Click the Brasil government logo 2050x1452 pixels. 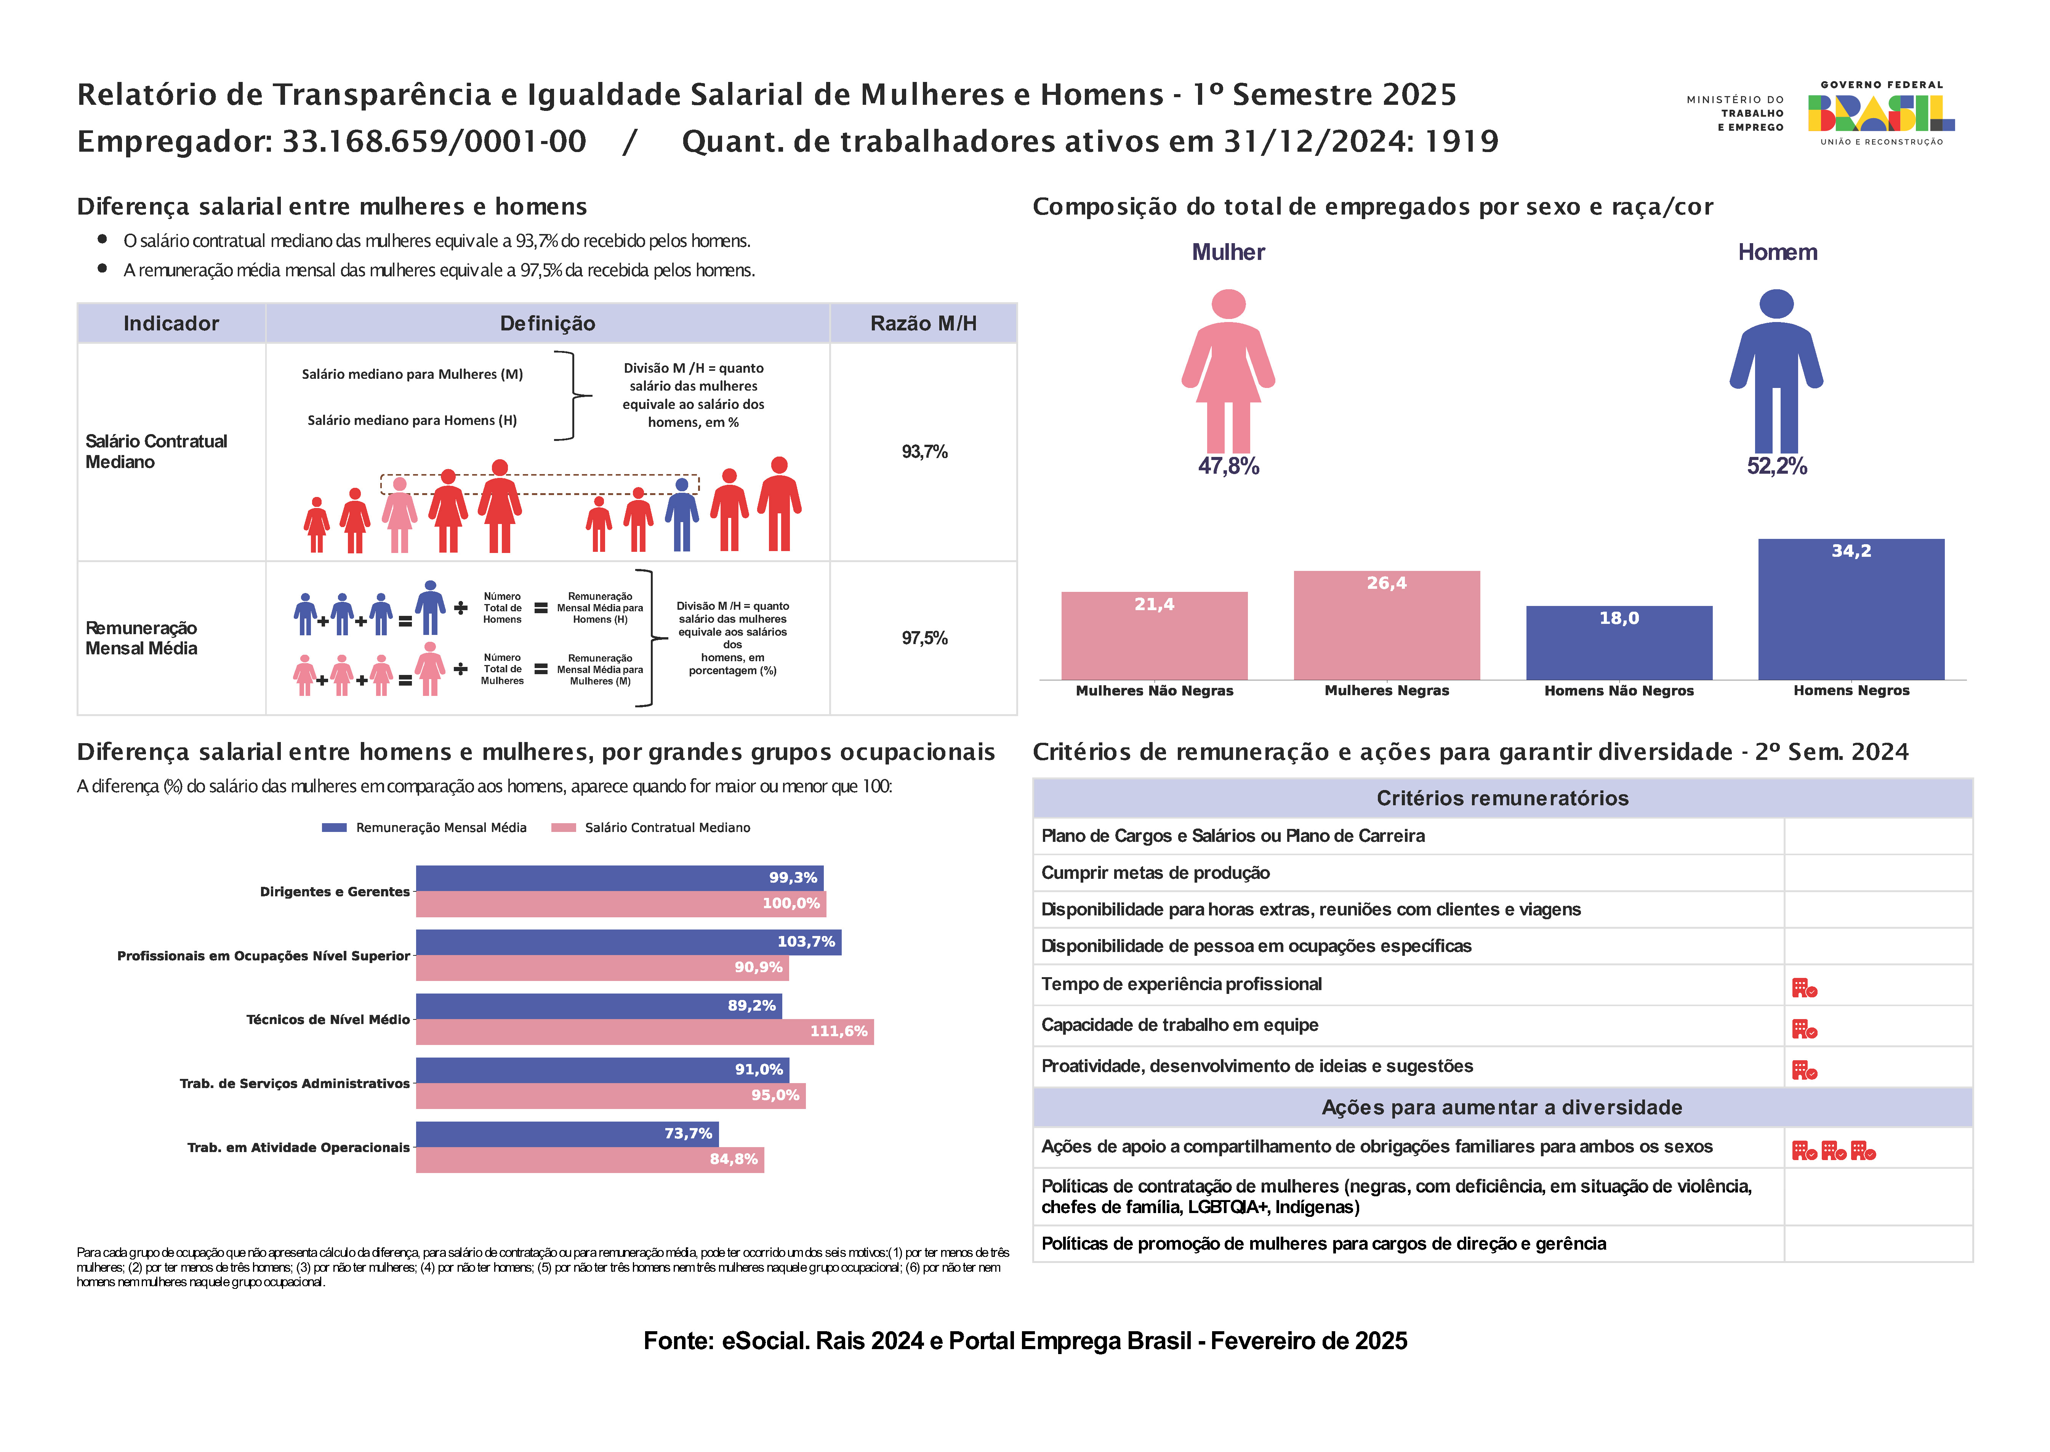click(1880, 114)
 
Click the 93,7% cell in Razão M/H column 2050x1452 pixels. click(924, 452)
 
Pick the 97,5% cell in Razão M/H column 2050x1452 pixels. click(924, 638)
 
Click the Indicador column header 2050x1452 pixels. click(171, 324)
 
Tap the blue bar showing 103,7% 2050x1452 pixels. click(628, 941)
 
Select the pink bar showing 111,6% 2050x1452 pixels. click(644, 1031)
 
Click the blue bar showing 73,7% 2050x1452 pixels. click(567, 1134)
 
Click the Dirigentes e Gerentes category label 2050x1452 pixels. click(335, 891)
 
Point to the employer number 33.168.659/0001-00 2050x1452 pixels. click(434, 141)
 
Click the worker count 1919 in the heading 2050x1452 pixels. click(1461, 141)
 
